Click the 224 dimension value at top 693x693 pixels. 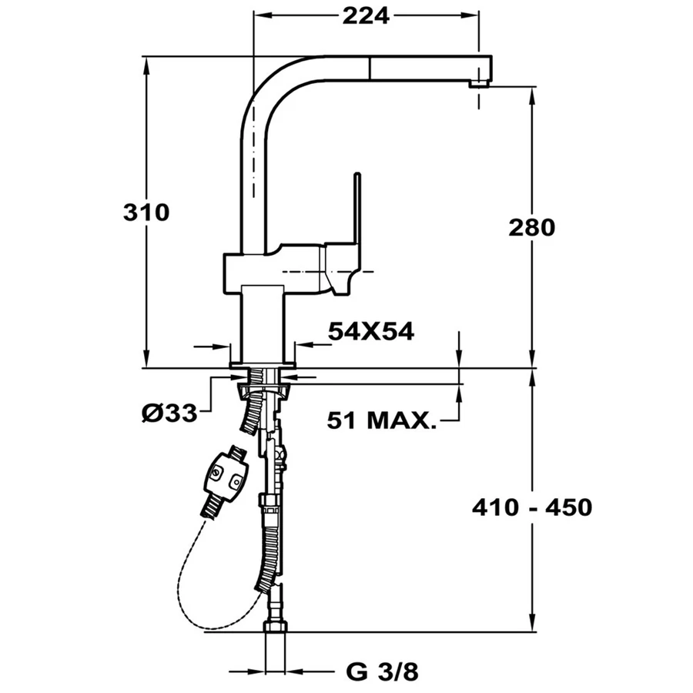[x=366, y=16]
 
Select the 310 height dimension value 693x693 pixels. [x=146, y=213]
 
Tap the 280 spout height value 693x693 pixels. [x=531, y=228]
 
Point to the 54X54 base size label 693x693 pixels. [x=371, y=331]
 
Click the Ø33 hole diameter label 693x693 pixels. [x=169, y=413]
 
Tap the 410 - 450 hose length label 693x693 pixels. [x=532, y=507]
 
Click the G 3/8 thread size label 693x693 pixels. [x=382, y=672]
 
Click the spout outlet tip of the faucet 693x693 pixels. [x=480, y=83]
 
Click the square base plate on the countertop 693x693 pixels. [x=263, y=365]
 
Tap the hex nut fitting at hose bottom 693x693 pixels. [x=276, y=627]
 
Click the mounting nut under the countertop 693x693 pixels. [x=264, y=391]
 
